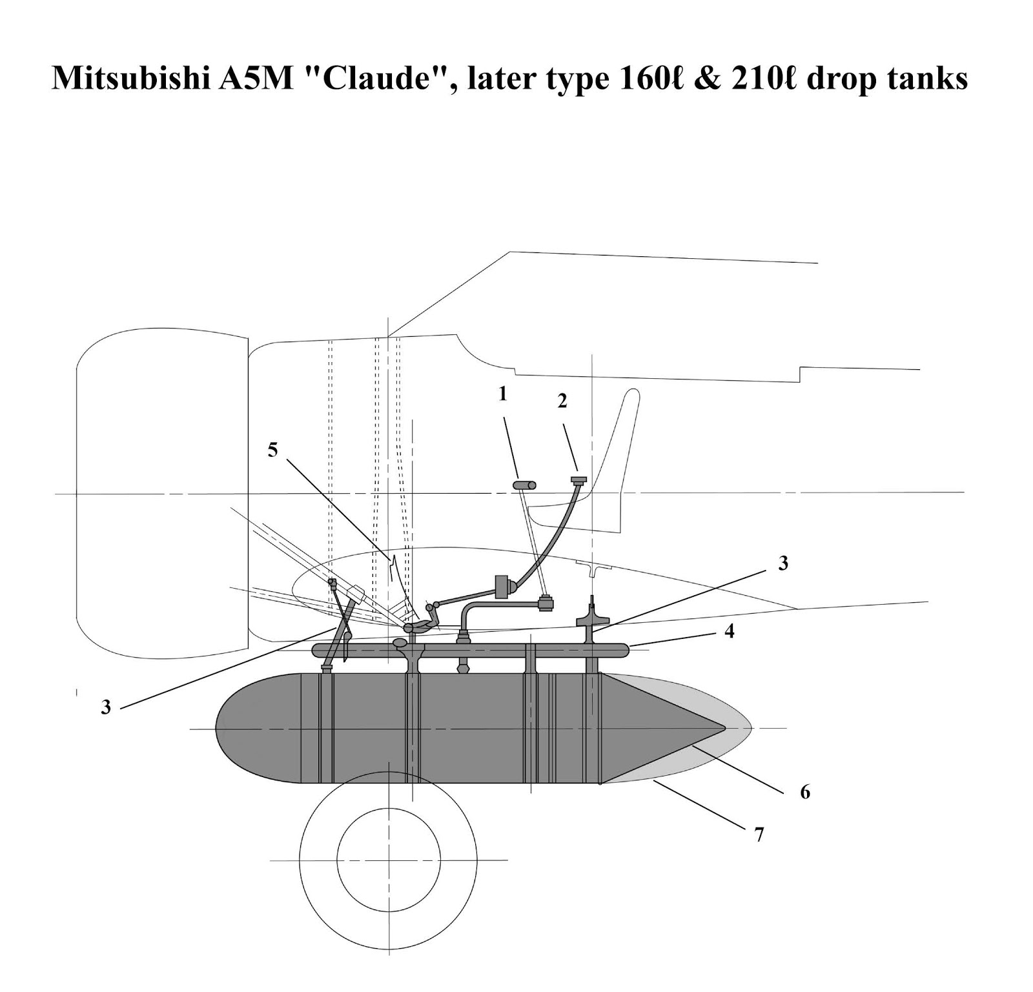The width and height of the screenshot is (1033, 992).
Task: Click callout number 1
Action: pyautogui.click(x=503, y=394)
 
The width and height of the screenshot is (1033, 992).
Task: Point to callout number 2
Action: pyautogui.click(x=562, y=401)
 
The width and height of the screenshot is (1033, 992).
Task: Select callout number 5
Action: pyautogui.click(x=273, y=450)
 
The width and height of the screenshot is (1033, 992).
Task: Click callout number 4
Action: pyautogui.click(x=729, y=631)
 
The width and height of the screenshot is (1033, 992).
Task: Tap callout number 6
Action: pyautogui.click(x=804, y=791)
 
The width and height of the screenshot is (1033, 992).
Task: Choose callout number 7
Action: pyautogui.click(x=759, y=835)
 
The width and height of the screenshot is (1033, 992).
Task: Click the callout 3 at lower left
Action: pyautogui.click(x=106, y=707)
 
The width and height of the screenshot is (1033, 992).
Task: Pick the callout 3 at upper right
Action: pyautogui.click(x=783, y=563)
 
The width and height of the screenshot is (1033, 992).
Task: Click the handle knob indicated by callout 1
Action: pyautogui.click(x=525, y=485)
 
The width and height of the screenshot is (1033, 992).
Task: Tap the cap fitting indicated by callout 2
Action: pyautogui.click(x=578, y=480)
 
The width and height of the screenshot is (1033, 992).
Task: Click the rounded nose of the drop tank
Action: pyautogui.click(x=223, y=728)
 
